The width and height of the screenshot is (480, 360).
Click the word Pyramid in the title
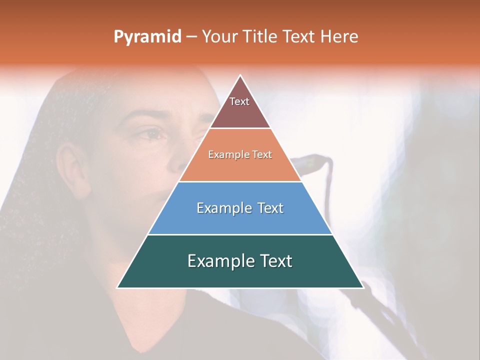(x=147, y=37)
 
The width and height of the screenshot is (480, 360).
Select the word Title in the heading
(x=261, y=37)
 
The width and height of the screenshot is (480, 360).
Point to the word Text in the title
(x=299, y=37)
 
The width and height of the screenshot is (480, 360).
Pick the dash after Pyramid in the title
(x=191, y=37)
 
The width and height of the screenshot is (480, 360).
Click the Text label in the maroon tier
(x=239, y=101)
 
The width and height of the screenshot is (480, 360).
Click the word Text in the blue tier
(x=270, y=208)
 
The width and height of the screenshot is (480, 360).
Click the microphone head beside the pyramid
(x=312, y=163)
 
